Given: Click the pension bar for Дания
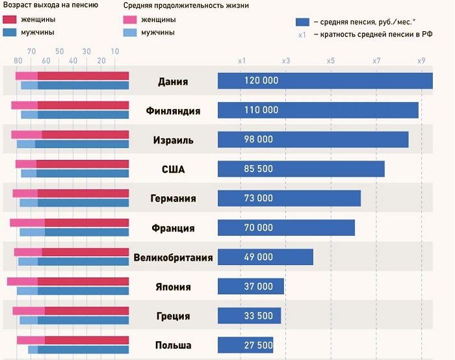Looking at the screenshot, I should (325, 81).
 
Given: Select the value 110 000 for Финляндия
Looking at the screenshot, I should (261, 110).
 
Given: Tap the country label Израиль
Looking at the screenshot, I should (173, 140).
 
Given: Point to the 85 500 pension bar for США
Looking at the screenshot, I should (300, 169).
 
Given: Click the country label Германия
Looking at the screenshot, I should (173, 198).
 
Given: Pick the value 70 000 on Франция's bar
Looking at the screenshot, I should (259, 228).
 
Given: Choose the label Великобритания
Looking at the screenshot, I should (173, 257).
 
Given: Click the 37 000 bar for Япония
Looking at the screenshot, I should (251, 287).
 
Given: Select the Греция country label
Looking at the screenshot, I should (173, 316).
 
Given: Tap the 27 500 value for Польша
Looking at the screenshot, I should (259, 345).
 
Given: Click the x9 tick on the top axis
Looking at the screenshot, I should (422, 60).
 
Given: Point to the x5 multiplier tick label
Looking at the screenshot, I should (331, 60).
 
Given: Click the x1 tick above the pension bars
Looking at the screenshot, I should (241, 60).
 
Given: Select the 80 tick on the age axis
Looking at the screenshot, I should (18, 60).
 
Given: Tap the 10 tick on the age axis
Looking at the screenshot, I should (115, 51).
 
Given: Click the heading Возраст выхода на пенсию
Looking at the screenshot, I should (51, 5).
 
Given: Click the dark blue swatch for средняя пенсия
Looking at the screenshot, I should (302, 20).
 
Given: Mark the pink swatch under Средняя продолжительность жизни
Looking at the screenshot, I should (130, 19).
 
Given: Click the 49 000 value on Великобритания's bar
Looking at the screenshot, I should (259, 257).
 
